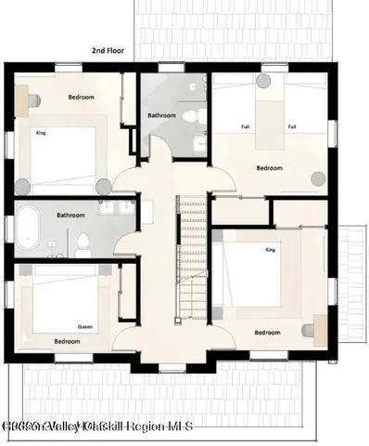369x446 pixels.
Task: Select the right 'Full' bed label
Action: pos(292,126)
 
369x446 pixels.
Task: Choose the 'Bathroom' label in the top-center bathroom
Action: pos(163,116)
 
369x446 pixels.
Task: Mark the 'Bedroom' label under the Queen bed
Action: pos(67,341)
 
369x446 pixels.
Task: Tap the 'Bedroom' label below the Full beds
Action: pos(269,168)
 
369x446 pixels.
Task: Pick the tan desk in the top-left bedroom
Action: pos(32,97)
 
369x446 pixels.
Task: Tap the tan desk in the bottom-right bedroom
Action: pos(320,327)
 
